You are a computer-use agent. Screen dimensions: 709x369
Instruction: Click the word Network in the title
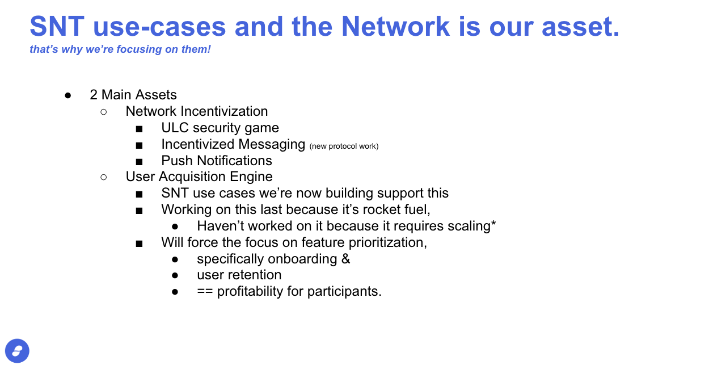(395, 27)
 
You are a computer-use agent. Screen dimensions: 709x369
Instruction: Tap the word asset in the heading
(580, 27)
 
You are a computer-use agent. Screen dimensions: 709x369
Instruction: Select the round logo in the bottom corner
(17, 351)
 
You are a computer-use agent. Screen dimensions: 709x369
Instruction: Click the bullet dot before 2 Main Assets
(67, 95)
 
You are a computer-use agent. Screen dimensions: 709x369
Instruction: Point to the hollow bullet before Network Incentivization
(103, 112)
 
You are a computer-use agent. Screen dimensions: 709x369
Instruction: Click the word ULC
(175, 128)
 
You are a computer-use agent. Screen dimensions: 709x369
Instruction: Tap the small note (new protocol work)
(344, 146)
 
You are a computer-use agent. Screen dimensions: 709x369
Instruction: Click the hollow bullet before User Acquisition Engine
(103, 177)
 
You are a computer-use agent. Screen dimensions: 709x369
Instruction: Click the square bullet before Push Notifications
(140, 162)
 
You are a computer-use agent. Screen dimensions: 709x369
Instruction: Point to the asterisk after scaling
(493, 223)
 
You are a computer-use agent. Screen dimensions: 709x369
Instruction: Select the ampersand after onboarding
(345, 259)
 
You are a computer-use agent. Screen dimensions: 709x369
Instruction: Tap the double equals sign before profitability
(205, 291)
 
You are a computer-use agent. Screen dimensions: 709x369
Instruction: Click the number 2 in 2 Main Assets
(94, 95)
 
